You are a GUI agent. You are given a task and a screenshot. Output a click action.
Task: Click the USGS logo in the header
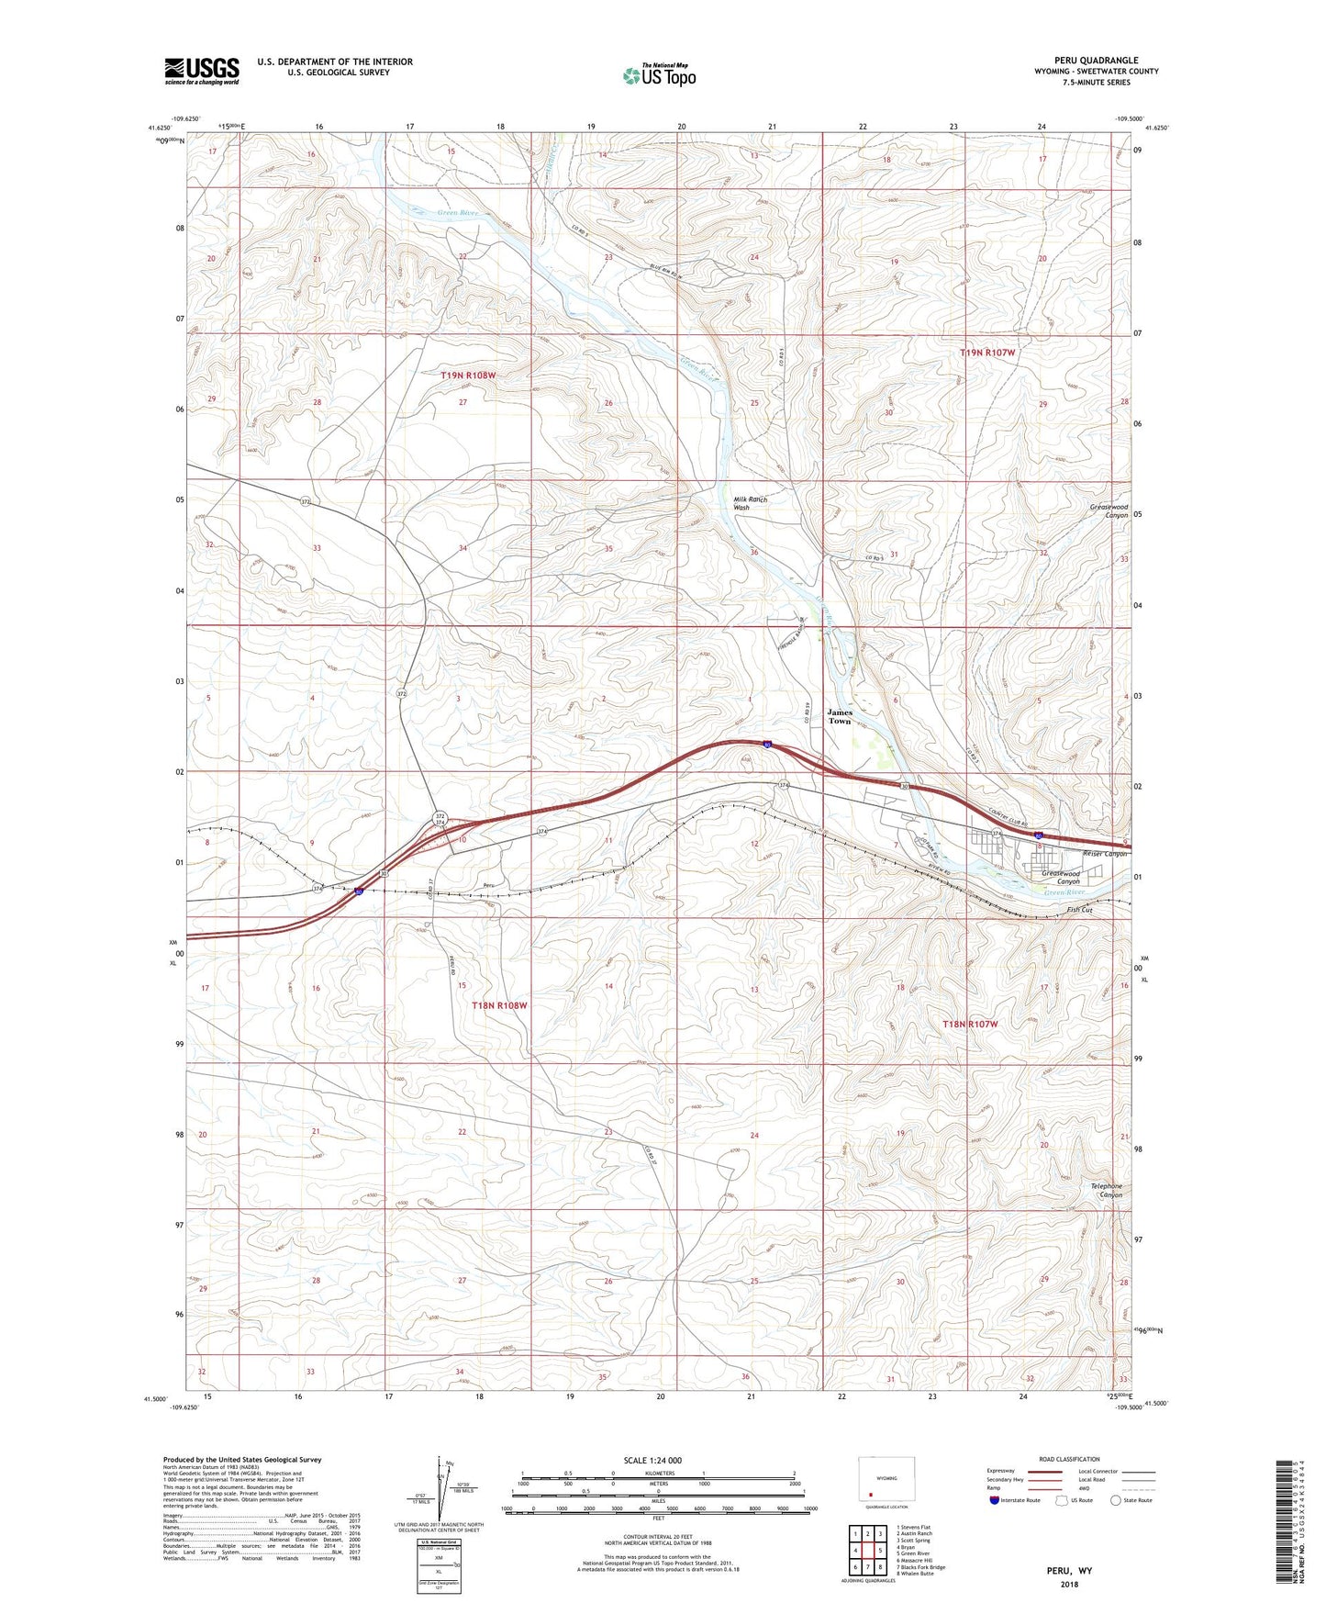coord(202,70)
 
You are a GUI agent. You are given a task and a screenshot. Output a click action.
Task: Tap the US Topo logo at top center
coord(659,74)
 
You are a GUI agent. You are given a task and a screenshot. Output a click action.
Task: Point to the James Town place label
coord(840,716)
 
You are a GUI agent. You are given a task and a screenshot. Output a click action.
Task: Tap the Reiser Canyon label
coord(1104,854)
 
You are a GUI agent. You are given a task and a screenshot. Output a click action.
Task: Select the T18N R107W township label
coord(970,1023)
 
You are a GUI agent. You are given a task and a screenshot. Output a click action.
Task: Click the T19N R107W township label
coord(987,353)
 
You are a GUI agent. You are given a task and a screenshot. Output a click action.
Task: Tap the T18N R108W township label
coord(500,1005)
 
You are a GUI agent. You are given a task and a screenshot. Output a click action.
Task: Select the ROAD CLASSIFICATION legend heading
coord(1069,1459)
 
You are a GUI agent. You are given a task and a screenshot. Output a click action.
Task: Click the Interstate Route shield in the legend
coord(995,1500)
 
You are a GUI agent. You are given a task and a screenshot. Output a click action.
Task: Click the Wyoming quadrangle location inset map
coord(886,1480)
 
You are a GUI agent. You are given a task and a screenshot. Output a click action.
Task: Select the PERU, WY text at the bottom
coord(1069,1571)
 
